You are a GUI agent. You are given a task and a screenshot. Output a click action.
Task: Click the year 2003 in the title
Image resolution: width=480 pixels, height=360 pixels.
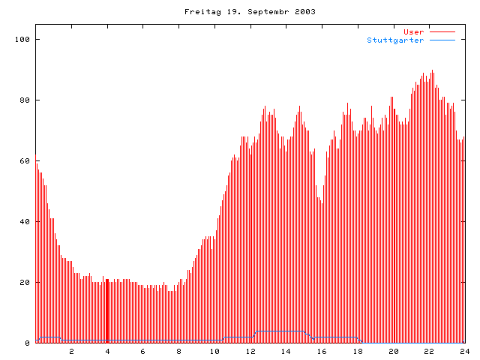click(x=304, y=12)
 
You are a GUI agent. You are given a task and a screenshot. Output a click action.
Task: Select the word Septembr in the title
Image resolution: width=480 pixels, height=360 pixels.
click(x=262, y=12)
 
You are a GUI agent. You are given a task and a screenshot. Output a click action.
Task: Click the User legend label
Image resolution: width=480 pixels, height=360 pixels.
click(x=414, y=32)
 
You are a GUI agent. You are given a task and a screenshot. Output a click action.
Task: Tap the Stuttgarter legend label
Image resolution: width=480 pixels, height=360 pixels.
click(x=395, y=40)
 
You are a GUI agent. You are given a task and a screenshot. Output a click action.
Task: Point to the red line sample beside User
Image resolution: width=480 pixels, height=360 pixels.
click(x=442, y=32)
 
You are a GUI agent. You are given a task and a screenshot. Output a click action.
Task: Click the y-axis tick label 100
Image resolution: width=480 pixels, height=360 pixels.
click(x=22, y=39)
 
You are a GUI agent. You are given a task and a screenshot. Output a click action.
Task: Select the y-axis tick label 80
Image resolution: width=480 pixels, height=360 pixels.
click(x=25, y=100)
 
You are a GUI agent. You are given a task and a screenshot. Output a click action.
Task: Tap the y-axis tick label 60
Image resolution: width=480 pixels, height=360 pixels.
click(x=25, y=160)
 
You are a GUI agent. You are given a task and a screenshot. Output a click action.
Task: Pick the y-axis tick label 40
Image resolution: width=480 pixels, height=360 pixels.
click(x=25, y=221)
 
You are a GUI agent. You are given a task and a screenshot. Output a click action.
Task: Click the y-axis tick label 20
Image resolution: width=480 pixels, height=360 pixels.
click(x=25, y=282)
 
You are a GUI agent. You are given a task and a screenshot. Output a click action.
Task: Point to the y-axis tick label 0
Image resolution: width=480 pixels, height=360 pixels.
click(x=27, y=343)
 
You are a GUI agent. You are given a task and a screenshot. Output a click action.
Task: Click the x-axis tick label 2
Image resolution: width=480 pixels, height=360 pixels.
click(x=72, y=351)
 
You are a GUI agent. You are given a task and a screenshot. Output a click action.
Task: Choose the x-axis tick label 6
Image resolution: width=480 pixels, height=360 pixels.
click(x=143, y=351)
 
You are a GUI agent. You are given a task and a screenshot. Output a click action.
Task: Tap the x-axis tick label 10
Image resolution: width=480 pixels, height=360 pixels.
click(x=214, y=351)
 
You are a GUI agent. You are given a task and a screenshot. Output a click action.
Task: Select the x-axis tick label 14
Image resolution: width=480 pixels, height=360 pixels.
click(x=286, y=351)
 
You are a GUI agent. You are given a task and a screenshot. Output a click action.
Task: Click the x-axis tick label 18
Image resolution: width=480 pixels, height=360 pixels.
click(x=357, y=351)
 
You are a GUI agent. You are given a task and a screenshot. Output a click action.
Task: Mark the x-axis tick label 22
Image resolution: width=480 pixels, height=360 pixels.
click(x=428, y=351)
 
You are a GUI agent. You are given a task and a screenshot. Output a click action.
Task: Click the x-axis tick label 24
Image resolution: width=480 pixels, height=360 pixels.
click(x=464, y=351)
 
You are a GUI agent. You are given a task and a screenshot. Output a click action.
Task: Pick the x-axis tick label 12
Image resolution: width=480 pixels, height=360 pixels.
click(x=250, y=351)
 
